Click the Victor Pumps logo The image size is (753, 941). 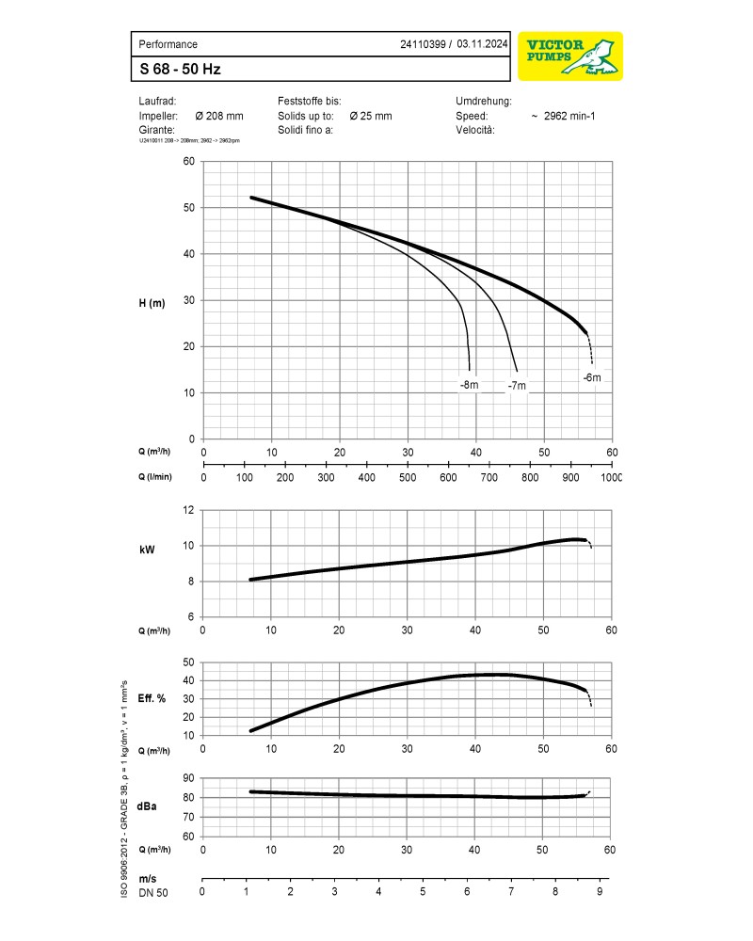pos(570,56)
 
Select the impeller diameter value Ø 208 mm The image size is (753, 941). pos(218,116)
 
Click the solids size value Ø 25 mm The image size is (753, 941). pos(370,116)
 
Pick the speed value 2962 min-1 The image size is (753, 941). pos(570,116)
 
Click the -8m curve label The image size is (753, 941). pos(469,385)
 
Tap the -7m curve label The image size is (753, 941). pos(517,386)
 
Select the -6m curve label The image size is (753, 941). pos(591,377)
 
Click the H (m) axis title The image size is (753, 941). pos(152,302)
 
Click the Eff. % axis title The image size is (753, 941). pos(152,698)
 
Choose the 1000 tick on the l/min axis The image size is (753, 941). pos(611,477)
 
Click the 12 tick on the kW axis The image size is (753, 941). pos(188,510)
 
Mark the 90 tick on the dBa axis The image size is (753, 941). pos(188,778)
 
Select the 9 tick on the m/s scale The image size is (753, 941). pos(599,891)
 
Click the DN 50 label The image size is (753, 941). pos(153,892)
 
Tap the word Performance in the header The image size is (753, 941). pos(168,44)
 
